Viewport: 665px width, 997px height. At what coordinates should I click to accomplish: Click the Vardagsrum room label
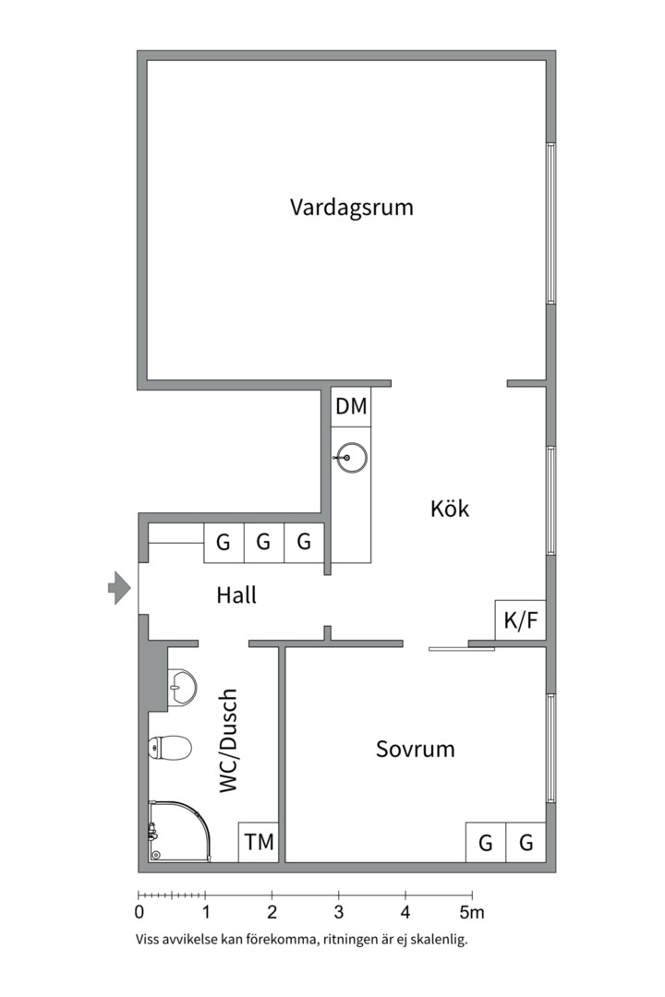tap(351, 207)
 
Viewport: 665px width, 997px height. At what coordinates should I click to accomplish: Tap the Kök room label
tap(450, 509)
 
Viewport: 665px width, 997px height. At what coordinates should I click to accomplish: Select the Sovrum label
tap(415, 749)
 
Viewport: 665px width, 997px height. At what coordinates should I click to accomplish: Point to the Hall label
tap(236, 595)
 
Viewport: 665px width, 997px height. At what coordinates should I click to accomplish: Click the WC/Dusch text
tap(228, 740)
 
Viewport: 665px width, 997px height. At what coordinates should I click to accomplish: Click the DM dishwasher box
tap(351, 406)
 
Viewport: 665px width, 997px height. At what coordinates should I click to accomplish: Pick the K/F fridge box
tap(520, 620)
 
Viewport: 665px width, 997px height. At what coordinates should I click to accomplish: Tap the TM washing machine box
tap(259, 842)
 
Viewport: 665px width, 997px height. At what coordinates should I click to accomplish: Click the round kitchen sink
tap(352, 456)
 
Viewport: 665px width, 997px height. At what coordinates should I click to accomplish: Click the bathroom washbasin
tap(181, 687)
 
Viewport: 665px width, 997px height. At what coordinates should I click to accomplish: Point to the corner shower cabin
tap(177, 830)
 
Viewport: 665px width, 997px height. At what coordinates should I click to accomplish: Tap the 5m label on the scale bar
tap(472, 913)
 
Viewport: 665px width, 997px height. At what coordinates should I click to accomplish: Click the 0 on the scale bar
tap(139, 913)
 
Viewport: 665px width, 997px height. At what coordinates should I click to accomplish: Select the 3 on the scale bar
tap(338, 913)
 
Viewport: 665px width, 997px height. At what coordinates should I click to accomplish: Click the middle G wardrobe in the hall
tap(263, 543)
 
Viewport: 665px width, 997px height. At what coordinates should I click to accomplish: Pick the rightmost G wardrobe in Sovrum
tap(526, 842)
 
